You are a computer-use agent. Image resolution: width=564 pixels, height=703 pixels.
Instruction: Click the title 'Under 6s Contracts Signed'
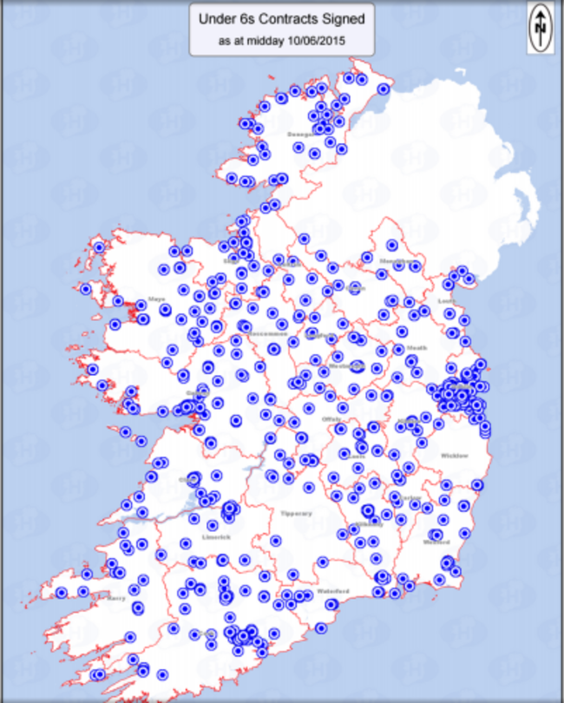(x=282, y=17)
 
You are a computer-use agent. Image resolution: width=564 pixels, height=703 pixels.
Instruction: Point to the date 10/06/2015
(x=319, y=40)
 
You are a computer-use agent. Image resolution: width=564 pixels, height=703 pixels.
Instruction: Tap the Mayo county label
(x=157, y=299)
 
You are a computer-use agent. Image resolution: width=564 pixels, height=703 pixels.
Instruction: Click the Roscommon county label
(x=264, y=332)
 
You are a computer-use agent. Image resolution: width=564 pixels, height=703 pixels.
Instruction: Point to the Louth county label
(x=447, y=302)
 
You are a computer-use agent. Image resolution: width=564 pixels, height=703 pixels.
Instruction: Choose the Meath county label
(x=416, y=348)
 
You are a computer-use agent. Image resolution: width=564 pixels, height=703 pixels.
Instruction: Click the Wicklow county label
(x=454, y=455)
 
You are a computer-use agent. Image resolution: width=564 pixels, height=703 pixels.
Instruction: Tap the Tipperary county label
(x=296, y=513)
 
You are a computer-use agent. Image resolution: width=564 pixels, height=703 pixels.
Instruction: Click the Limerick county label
(x=216, y=537)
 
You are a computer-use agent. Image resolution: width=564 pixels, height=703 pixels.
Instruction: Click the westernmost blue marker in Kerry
(x=62, y=593)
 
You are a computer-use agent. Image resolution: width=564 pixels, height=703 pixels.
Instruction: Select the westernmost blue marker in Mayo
(x=86, y=289)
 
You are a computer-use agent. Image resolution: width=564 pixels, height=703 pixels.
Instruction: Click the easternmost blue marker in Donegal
(x=383, y=89)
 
